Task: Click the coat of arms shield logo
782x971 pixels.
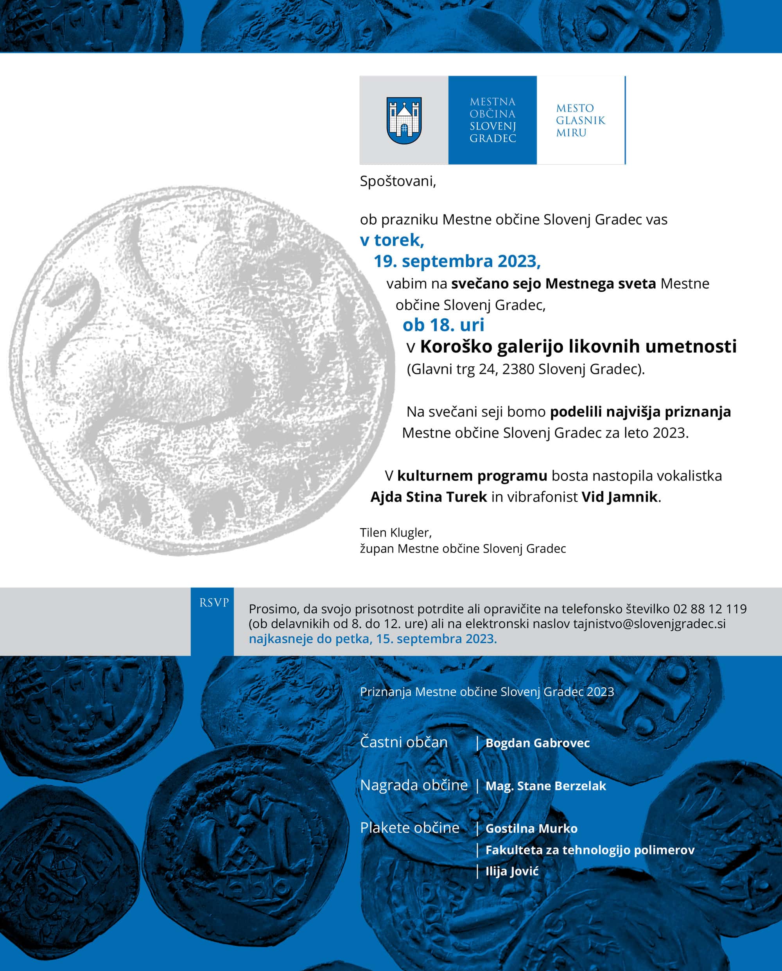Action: [x=404, y=120]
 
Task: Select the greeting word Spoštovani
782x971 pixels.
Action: [x=397, y=181]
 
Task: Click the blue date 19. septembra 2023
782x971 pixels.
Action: [x=457, y=261]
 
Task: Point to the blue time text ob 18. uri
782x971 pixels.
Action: [x=443, y=325]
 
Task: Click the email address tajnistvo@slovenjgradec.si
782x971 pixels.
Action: [x=649, y=624]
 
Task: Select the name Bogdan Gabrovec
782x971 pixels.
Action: [x=537, y=743]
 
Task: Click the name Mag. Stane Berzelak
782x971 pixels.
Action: [x=545, y=786]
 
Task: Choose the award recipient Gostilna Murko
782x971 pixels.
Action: [x=531, y=828]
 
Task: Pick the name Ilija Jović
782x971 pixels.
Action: [x=512, y=871]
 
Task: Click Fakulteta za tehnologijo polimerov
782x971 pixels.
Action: [x=590, y=850]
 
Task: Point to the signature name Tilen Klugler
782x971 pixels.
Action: [x=395, y=533]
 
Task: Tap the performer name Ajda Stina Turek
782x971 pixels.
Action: [x=429, y=497]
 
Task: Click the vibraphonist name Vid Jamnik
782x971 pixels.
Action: [x=619, y=497]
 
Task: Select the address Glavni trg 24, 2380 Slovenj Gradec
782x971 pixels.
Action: [x=526, y=369]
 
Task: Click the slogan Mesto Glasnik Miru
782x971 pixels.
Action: [x=580, y=120]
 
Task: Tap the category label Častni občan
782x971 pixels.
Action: [x=404, y=742]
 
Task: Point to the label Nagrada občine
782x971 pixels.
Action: [x=414, y=785]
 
